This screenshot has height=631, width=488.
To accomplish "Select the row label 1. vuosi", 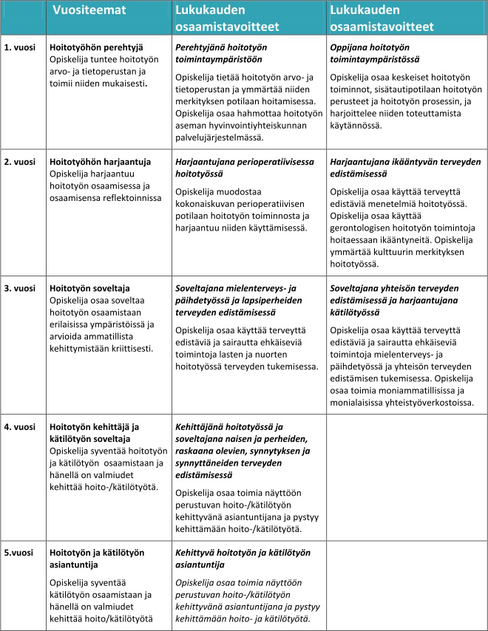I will coord(20,47).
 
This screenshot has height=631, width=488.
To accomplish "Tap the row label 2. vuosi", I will coord(20,162).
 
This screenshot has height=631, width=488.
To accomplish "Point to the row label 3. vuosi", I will coord(20,288).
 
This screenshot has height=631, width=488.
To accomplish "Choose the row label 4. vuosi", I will coord(20,427).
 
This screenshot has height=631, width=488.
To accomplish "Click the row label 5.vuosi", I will coord(19,553).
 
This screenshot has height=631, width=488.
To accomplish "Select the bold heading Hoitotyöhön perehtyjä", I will coord(95,47).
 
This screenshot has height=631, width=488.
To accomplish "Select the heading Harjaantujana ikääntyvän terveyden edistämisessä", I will coord(404,168).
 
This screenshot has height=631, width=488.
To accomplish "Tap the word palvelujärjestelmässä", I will coord(220,137).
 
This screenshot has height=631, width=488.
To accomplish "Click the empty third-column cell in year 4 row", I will coord(406,480).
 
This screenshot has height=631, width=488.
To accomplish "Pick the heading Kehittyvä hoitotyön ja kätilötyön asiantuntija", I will coord(243,559).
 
